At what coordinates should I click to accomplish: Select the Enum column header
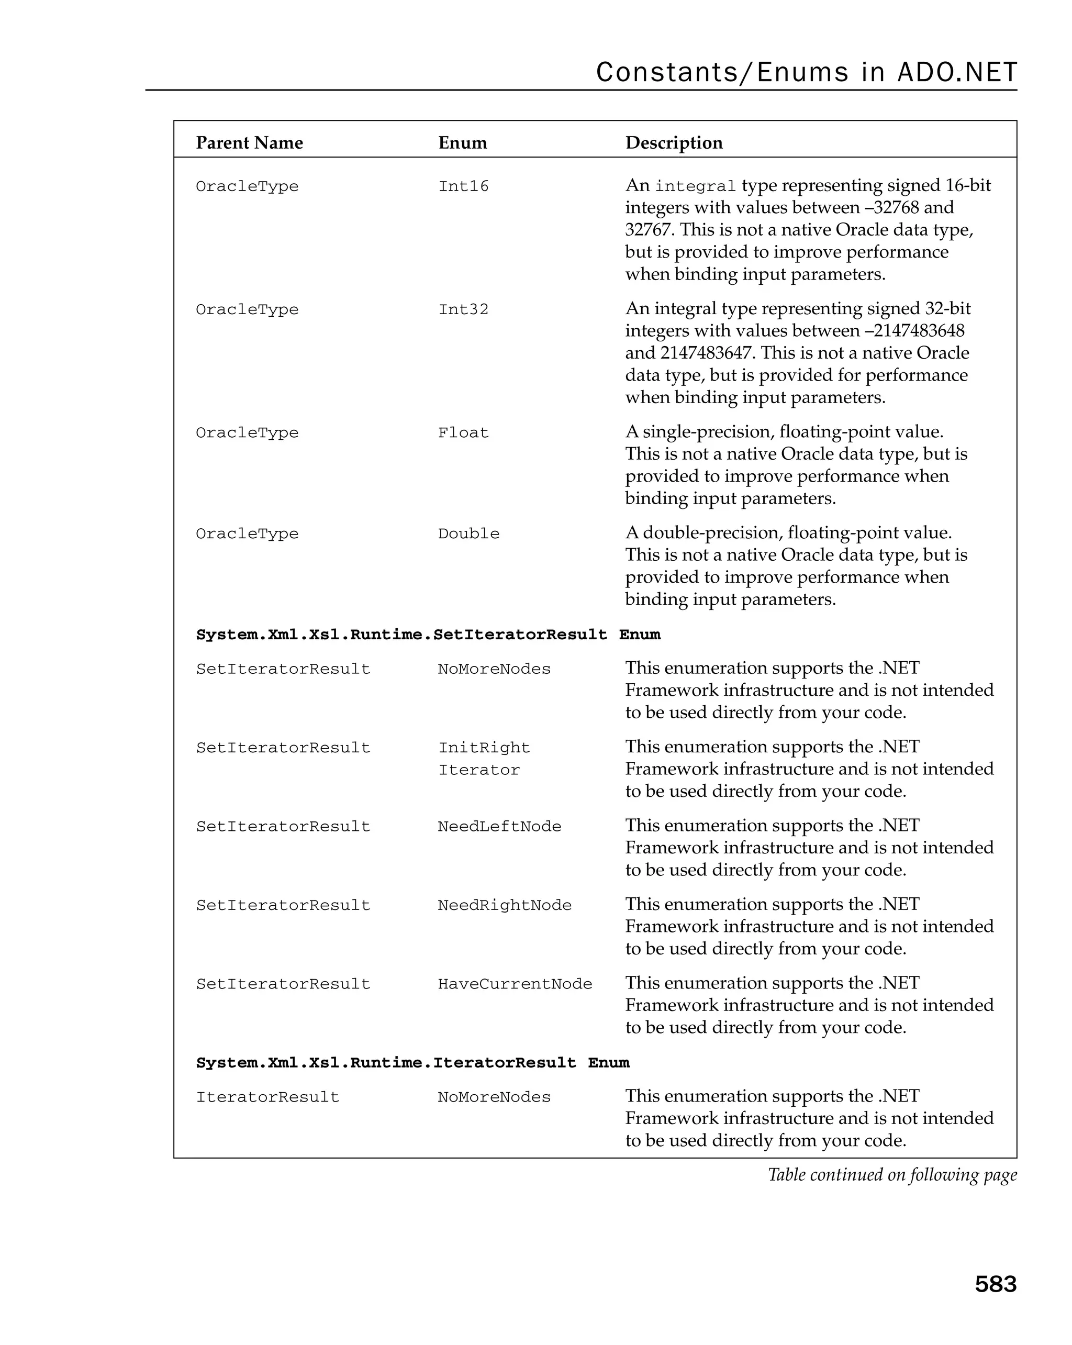coord(462,143)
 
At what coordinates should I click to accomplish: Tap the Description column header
coord(674,143)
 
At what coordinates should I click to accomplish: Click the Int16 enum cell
coord(463,186)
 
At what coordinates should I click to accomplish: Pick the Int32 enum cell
coord(463,310)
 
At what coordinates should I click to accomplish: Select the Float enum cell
coord(463,433)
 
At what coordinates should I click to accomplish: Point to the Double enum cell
coord(468,534)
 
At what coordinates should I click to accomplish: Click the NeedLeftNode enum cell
coord(499,827)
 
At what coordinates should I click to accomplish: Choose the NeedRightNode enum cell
coord(504,905)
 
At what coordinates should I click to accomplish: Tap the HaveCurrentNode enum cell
coord(515,984)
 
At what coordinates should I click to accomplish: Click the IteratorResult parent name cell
coord(267,1097)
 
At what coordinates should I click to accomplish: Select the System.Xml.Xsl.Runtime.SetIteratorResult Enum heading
coord(428,635)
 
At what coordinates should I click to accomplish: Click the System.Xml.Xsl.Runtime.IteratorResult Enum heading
coord(412,1063)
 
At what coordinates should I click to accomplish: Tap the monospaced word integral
coord(695,186)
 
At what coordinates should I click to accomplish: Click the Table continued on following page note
coord(892,1175)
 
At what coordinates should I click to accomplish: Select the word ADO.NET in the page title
coord(957,72)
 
